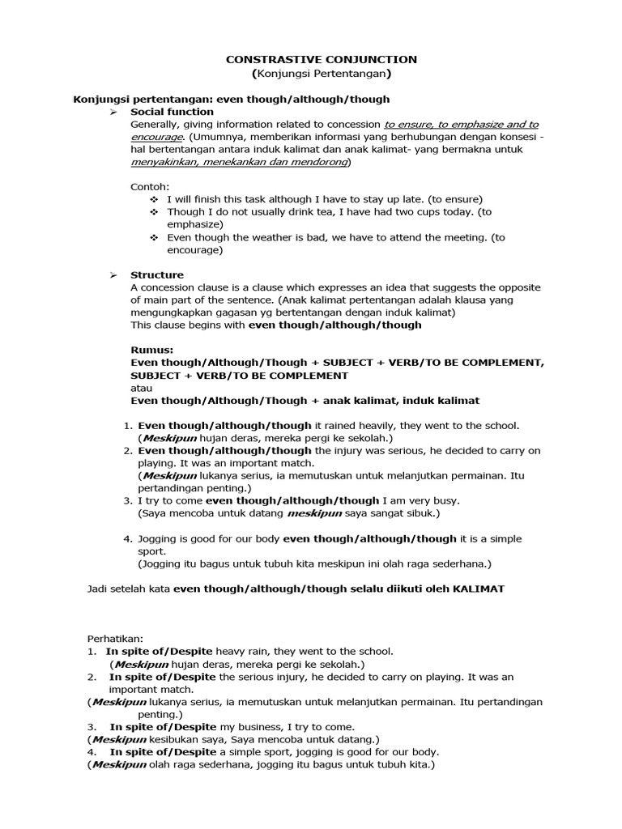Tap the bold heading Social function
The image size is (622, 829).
172,112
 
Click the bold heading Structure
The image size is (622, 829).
157,274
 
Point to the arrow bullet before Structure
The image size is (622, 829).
114,274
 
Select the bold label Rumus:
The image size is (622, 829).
151,350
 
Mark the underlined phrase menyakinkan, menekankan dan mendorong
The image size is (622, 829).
240,162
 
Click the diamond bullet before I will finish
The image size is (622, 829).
155,199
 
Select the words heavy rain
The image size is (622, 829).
248,651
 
